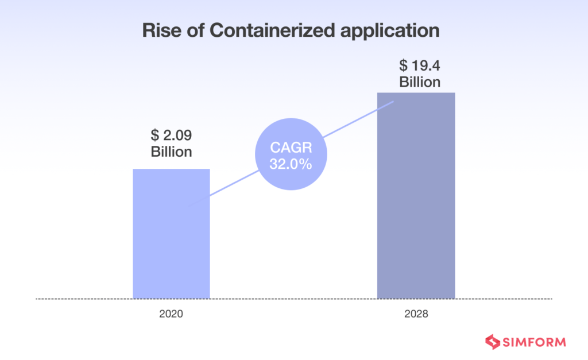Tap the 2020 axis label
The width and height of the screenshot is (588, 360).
coord(171,315)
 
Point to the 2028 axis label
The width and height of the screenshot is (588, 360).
coord(416,315)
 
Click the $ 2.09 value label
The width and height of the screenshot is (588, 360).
coord(171,137)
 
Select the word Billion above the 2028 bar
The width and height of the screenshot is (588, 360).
coord(420,82)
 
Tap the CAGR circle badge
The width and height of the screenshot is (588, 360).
coord(291,154)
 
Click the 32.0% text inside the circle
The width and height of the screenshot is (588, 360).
coord(291,164)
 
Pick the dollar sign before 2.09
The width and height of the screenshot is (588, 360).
coord(154,137)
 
